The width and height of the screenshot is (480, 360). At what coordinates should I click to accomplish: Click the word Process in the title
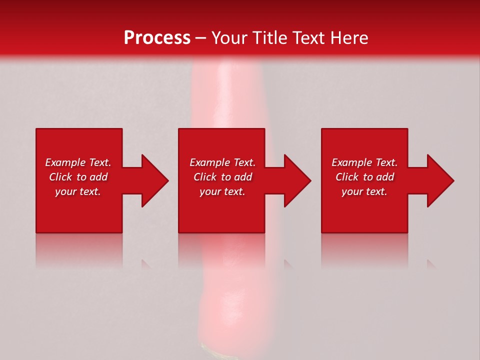(157, 38)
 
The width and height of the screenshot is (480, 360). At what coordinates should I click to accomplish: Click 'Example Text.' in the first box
(78, 162)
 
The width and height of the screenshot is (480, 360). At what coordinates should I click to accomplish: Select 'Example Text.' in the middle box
(222, 162)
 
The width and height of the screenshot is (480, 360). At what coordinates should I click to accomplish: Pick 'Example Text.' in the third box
(364, 162)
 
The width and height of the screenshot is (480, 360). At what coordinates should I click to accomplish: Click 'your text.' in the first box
(78, 191)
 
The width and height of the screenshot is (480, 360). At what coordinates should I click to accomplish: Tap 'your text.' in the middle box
(222, 191)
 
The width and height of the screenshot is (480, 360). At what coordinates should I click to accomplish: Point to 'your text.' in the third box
(364, 191)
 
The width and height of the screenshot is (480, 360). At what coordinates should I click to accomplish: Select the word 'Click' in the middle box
(205, 177)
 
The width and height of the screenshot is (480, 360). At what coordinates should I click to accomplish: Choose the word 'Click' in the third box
(347, 177)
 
